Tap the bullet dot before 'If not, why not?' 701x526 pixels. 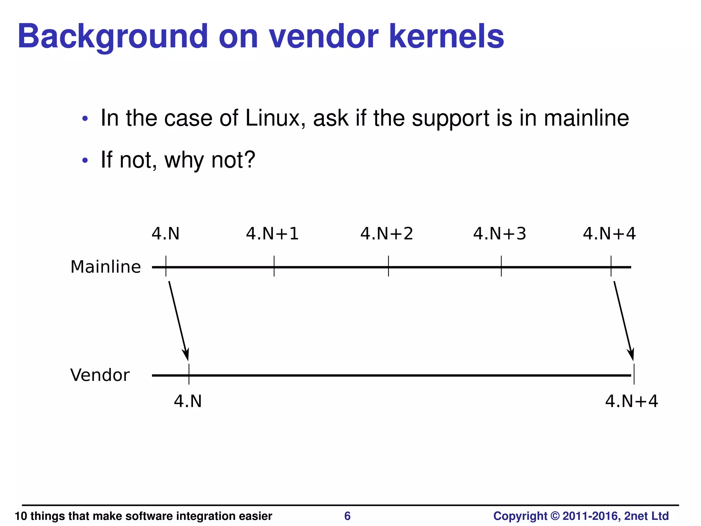[x=85, y=161]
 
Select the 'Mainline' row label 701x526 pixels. [x=105, y=267]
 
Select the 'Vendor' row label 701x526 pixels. [x=100, y=375]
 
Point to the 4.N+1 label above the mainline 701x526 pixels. [x=272, y=234]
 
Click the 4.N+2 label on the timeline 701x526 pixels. [x=387, y=234]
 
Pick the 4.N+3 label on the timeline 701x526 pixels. [x=500, y=234]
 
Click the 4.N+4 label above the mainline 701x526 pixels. [x=609, y=234]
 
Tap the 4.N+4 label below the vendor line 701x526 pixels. [x=632, y=401]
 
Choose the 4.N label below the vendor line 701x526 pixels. [x=188, y=401]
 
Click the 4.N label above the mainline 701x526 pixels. [x=166, y=234]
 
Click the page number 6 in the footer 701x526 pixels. [x=347, y=516]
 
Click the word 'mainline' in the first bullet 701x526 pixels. [x=586, y=118]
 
